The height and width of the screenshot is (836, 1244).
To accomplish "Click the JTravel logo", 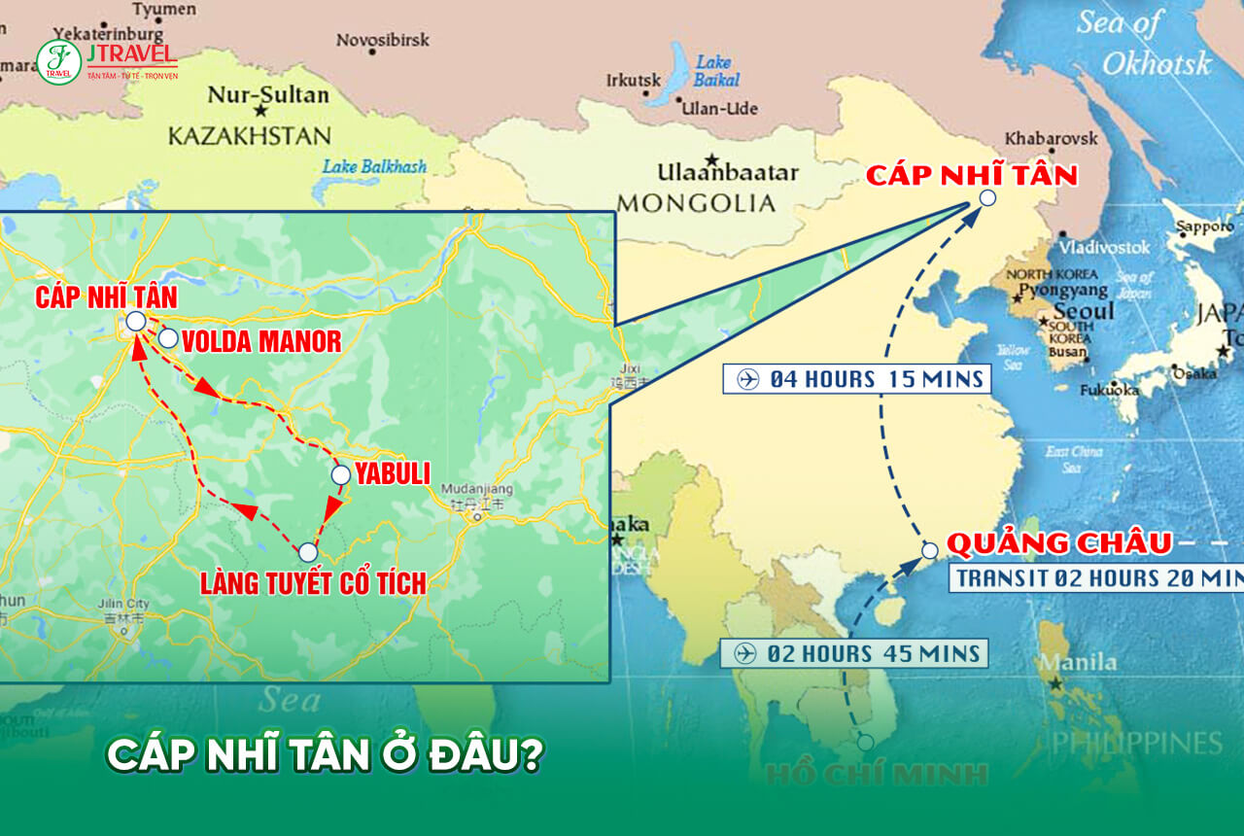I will [x=107, y=59].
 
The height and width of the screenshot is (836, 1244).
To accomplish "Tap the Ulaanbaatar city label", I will [x=728, y=173].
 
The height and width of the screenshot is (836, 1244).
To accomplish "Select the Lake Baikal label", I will [x=717, y=71].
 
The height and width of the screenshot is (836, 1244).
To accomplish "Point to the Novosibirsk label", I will [x=381, y=40].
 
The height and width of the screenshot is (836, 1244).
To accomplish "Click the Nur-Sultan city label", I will [x=268, y=96].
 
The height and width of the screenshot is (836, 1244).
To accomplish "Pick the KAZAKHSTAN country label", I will [x=250, y=135].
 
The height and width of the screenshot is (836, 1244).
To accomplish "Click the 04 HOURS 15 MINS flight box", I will [x=856, y=378].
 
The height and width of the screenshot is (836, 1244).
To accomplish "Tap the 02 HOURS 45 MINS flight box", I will [x=853, y=653].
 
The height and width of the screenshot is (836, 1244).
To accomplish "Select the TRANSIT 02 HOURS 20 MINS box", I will [x=1096, y=578].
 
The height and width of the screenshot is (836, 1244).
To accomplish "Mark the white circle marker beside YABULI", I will [x=340, y=475].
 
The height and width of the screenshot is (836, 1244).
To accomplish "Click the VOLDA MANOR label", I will [x=261, y=341].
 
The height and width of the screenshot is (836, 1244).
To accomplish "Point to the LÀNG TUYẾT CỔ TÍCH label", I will [x=313, y=583].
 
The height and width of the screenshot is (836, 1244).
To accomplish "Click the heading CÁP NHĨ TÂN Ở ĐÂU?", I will [x=324, y=755].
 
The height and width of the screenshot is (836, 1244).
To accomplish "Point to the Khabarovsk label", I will [x=1051, y=138].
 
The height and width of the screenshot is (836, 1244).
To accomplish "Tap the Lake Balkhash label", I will [x=374, y=167].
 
